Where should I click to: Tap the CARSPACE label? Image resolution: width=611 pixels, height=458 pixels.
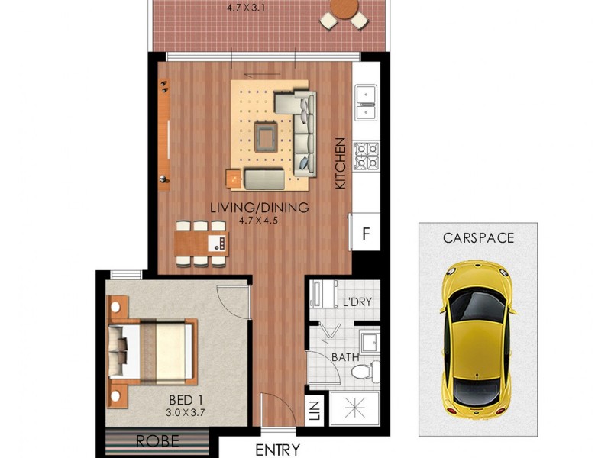coord(478,237)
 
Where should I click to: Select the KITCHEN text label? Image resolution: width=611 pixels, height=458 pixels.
coord(341,163)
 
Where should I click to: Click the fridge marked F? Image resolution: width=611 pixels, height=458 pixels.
coord(365,234)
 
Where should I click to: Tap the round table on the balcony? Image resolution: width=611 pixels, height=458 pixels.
coord(344,11)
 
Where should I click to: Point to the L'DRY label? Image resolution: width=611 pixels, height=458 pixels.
coord(356,302)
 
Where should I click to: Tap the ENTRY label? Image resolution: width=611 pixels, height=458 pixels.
coord(276,450)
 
